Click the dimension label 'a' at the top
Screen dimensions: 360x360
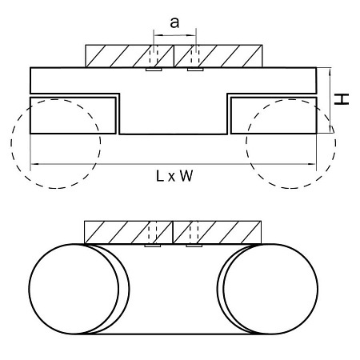(174, 23)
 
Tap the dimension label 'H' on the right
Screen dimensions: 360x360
(342, 99)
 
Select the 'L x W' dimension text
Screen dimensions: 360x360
(174, 176)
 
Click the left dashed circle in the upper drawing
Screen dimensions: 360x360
(11, 144)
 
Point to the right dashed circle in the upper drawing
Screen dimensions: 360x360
(335, 144)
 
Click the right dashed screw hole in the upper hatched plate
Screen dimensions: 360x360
(196, 56)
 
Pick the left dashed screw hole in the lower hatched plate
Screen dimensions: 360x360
(153, 232)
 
